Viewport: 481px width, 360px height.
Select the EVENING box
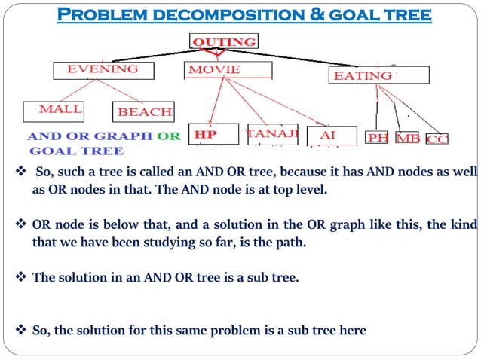click(x=103, y=69)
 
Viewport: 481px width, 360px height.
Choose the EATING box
click(x=378, y=75)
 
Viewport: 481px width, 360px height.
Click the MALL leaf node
click(x=60, y=110)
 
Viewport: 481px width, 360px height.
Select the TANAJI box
click(x=273, y=133)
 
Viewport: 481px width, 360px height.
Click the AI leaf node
click(x=328, y=135)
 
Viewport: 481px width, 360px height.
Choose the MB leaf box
click(x=407, y=139)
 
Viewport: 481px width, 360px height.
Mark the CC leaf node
click(x=437, y=139)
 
